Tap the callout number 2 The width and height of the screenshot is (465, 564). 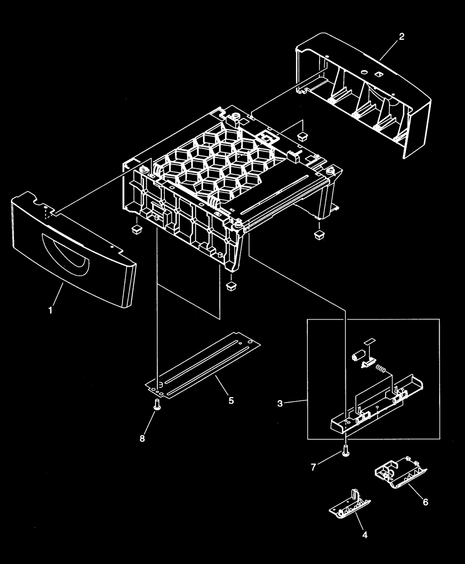402,37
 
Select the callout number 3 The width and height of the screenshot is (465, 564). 280,404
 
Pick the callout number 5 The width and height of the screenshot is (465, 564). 231,400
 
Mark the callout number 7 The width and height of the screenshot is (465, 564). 313,467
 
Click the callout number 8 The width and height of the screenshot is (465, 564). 142,438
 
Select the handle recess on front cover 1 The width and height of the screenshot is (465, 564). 66,253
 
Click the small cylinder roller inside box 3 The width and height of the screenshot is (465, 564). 358,356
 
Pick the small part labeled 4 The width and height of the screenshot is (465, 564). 350,504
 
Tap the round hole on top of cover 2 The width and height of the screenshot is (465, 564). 364,72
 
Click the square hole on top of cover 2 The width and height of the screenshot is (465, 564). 377,74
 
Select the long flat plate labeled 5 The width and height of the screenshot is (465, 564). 203,366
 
